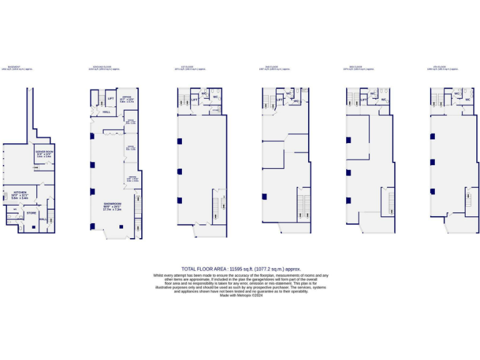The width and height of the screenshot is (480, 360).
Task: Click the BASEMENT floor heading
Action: coord(14,66)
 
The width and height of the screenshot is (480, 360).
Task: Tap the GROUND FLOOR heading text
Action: coord(102,66)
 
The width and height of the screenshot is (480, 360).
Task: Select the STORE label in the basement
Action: coord(31,213)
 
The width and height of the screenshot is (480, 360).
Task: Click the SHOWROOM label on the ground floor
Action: coord(112,204)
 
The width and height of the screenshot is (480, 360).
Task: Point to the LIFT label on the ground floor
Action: coord(111,99)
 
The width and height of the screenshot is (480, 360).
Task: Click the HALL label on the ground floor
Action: coord(107,112)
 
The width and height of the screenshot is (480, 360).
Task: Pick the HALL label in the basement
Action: coord(42,219)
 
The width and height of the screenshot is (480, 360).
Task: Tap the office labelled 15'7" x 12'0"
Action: coord(126,98)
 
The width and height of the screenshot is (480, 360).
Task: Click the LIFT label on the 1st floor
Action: coord(195,99)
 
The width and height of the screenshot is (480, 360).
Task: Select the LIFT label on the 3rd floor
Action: coord(363,99)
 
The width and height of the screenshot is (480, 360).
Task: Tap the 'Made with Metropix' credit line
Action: coord(241,295)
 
